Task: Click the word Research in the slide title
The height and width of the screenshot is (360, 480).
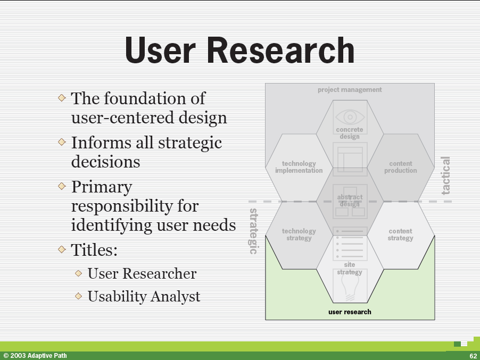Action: pyautogui.click(x=281, y=50)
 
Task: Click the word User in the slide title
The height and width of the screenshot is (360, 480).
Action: pyautogui.click(x=160, y=50)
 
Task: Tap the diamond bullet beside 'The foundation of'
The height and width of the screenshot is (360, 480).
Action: pyautogui.click(x=62, y=98)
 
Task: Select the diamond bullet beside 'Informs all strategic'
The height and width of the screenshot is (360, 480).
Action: pyautogui.click(x=62, y=142)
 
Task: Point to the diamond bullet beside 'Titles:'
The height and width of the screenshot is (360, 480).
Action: pyautogui.click(x=62, y=249)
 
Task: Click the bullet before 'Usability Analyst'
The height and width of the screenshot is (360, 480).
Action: pyautogui.click(x=78, y=296)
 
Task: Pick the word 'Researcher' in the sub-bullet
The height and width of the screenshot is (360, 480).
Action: pyautogui.click(x=160, y=273)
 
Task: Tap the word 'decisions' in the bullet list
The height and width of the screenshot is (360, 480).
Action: pyautogui.click(x=105, y=162)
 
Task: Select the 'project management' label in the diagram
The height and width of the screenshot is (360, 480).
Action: pyautogui.click(x=350, y=90)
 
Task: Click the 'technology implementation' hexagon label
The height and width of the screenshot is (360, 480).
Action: pyautogui.click(x=299, y=167)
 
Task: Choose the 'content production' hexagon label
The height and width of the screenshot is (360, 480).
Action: pyautogui.click(x=400, y=167)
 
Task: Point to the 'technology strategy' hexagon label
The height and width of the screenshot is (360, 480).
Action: pyautogui.click(x=299, y=235)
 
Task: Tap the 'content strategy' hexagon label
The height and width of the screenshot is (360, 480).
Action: pyautogui.click(x=400, y=235)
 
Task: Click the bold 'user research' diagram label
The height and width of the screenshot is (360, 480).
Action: pyautogui.click(x=350, y=312)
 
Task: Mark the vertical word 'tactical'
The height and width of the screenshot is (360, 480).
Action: pyautogui.click(x=446, y=175)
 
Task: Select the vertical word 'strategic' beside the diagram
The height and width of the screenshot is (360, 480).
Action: pyautogui.click(x=253, y=231)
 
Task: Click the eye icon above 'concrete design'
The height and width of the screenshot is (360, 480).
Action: pyautogui.click(x=350, y=117)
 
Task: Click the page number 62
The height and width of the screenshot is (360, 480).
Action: pyautogui.click(x=473, y=356)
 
